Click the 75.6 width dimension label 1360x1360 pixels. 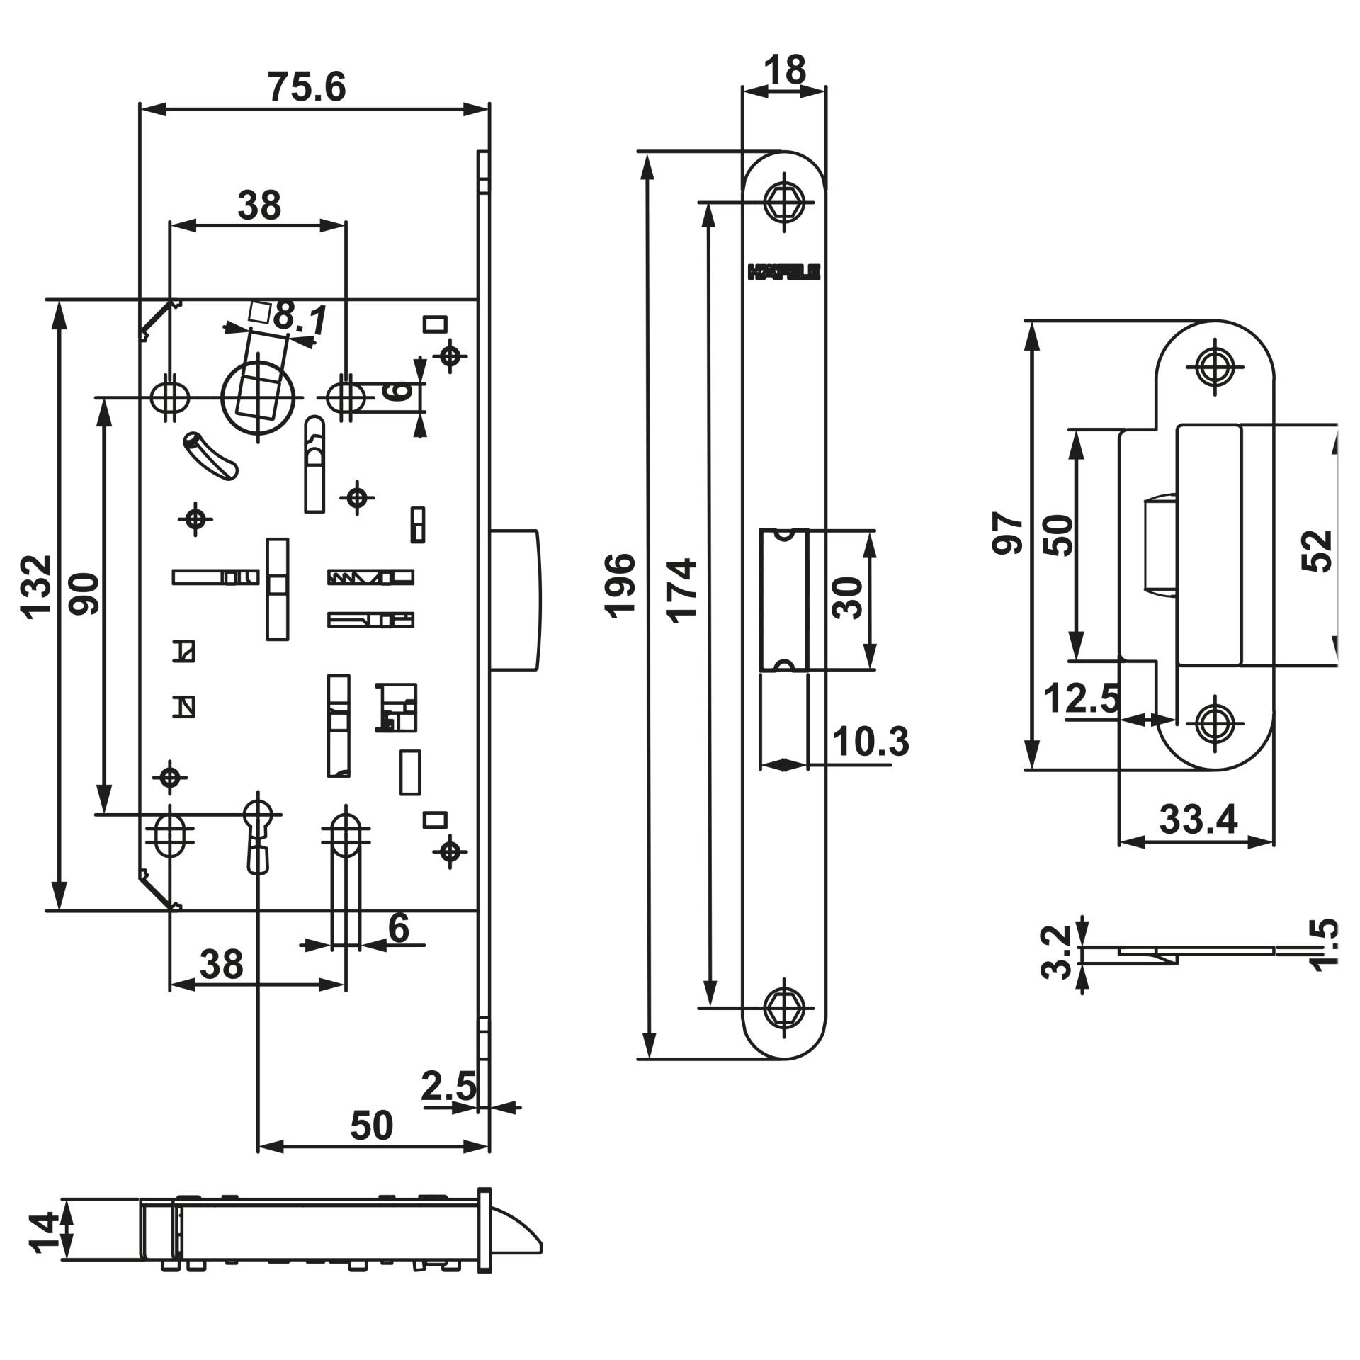tap(307, 88)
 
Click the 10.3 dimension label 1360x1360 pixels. tap(870, 742)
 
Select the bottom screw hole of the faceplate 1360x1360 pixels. tap(783, 1007)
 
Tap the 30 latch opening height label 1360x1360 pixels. tap(848, 599)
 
